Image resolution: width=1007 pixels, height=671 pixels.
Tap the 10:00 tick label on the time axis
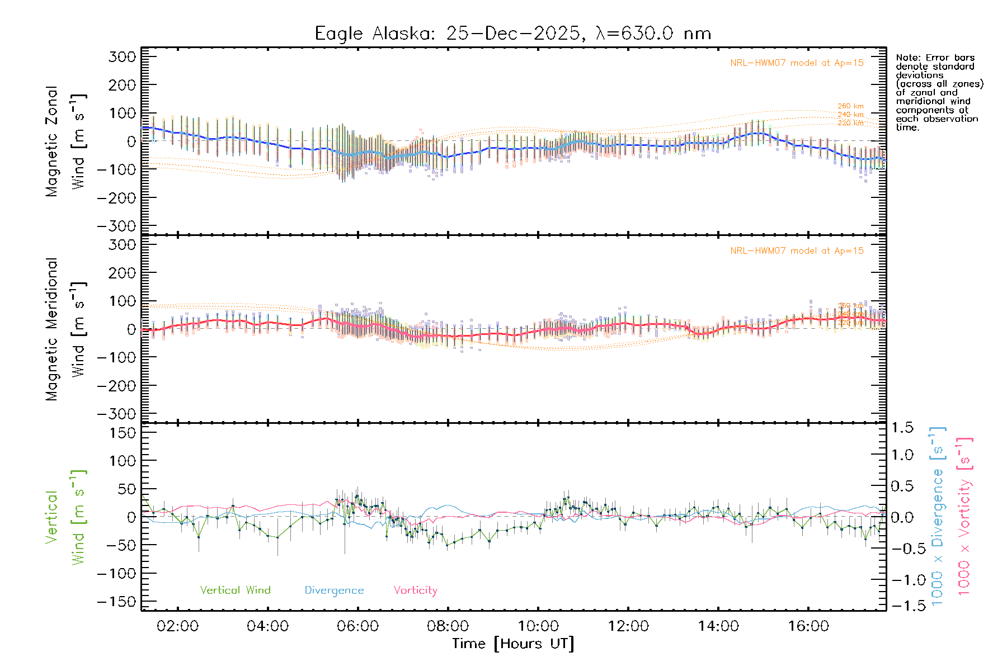(x=538, y=626)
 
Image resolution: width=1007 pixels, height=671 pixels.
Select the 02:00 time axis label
(x=177, y=626)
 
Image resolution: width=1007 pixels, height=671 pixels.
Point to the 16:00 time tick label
(x=808, y=626)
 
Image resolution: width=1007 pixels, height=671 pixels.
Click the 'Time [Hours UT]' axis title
(x=513, y=644)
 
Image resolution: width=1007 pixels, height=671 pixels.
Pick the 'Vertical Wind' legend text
(x=235, y=590)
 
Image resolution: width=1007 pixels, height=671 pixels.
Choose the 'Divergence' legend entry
(x=334, y=590)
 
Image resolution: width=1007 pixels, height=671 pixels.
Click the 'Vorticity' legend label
(x=415, y=590)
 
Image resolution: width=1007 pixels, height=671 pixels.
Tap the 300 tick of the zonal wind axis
(x=123, y=56)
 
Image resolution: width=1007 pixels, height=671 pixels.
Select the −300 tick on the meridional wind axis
(x=117, y=414)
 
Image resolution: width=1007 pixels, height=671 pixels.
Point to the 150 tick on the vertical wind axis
(x=123, y=433)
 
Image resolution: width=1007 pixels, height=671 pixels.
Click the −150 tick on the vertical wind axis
(x=117, y=602)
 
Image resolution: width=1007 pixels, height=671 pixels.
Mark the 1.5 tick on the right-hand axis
(x=902, y=428)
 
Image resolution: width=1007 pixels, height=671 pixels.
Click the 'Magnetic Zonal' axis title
(x=52, y=141)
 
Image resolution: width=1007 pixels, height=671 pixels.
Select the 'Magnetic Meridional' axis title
(x=52, y=329)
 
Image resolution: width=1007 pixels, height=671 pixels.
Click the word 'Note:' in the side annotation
(x=907, y=58)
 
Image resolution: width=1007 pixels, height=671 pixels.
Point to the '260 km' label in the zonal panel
(x=850, y=106)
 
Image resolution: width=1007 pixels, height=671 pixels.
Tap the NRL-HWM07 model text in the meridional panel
(x=797, y=251)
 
